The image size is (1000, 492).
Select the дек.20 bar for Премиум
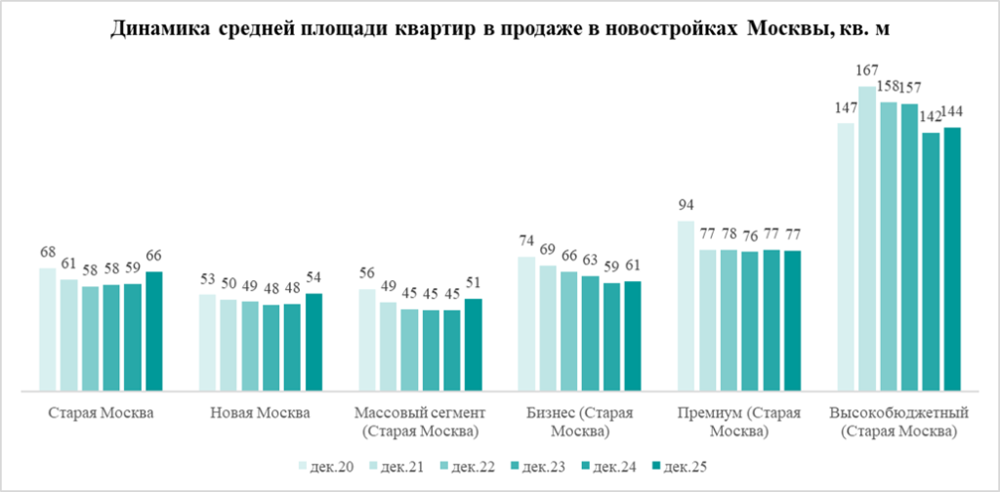[x=687, y=307]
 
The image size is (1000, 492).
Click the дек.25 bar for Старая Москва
[x=153, y=332]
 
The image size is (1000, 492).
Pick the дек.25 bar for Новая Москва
[x=313, y=343]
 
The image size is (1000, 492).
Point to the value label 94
[x=686, y=205]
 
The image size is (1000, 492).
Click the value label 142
[x=932, y=117]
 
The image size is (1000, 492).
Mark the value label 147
[x=847, y=107]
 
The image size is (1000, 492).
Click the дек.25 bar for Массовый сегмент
[x=474, y=346]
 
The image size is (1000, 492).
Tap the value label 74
[x=526, y=241]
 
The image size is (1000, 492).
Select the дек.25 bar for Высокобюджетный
[x=952, y=260]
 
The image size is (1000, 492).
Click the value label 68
[x=47, y=252]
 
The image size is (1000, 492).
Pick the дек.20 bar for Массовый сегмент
[x=367, y=341]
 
